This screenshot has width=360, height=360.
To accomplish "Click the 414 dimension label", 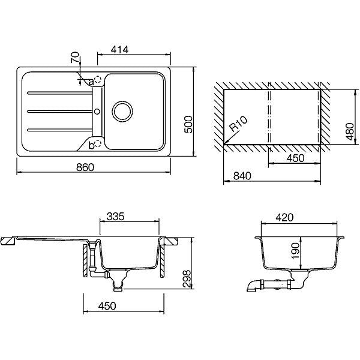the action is coord(119,50).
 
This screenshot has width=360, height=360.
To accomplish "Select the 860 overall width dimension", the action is coord(85,167).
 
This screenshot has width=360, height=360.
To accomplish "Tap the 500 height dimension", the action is coord(188,124).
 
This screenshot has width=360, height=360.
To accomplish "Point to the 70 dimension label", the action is coord(76,58).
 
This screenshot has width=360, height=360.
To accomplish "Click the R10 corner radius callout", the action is coord(239,124).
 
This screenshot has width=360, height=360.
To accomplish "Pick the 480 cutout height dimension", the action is coord(350,131).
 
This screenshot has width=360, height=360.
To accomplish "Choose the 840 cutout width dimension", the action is coord(242,176).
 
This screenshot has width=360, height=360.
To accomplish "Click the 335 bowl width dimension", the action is coord(115,216).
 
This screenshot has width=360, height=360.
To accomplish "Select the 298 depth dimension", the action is coord(187,279).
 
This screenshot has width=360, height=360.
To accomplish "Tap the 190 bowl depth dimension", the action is coord(295,251).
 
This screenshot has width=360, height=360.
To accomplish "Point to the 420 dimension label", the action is coord(284,218).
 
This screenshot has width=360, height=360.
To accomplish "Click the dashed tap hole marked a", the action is coord(98,79).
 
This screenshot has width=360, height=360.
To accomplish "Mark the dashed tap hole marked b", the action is coord(98,143).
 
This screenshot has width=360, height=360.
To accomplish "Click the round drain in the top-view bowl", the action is coord(122,112).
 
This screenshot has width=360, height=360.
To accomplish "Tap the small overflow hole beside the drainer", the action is coord(97,112).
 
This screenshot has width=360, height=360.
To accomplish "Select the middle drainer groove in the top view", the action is coord(59,112).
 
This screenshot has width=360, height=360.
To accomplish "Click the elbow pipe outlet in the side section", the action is coord(252,287).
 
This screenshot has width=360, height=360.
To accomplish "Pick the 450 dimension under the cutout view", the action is coord(295,158).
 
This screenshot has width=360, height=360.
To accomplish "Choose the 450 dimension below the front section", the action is coord(107,306).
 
